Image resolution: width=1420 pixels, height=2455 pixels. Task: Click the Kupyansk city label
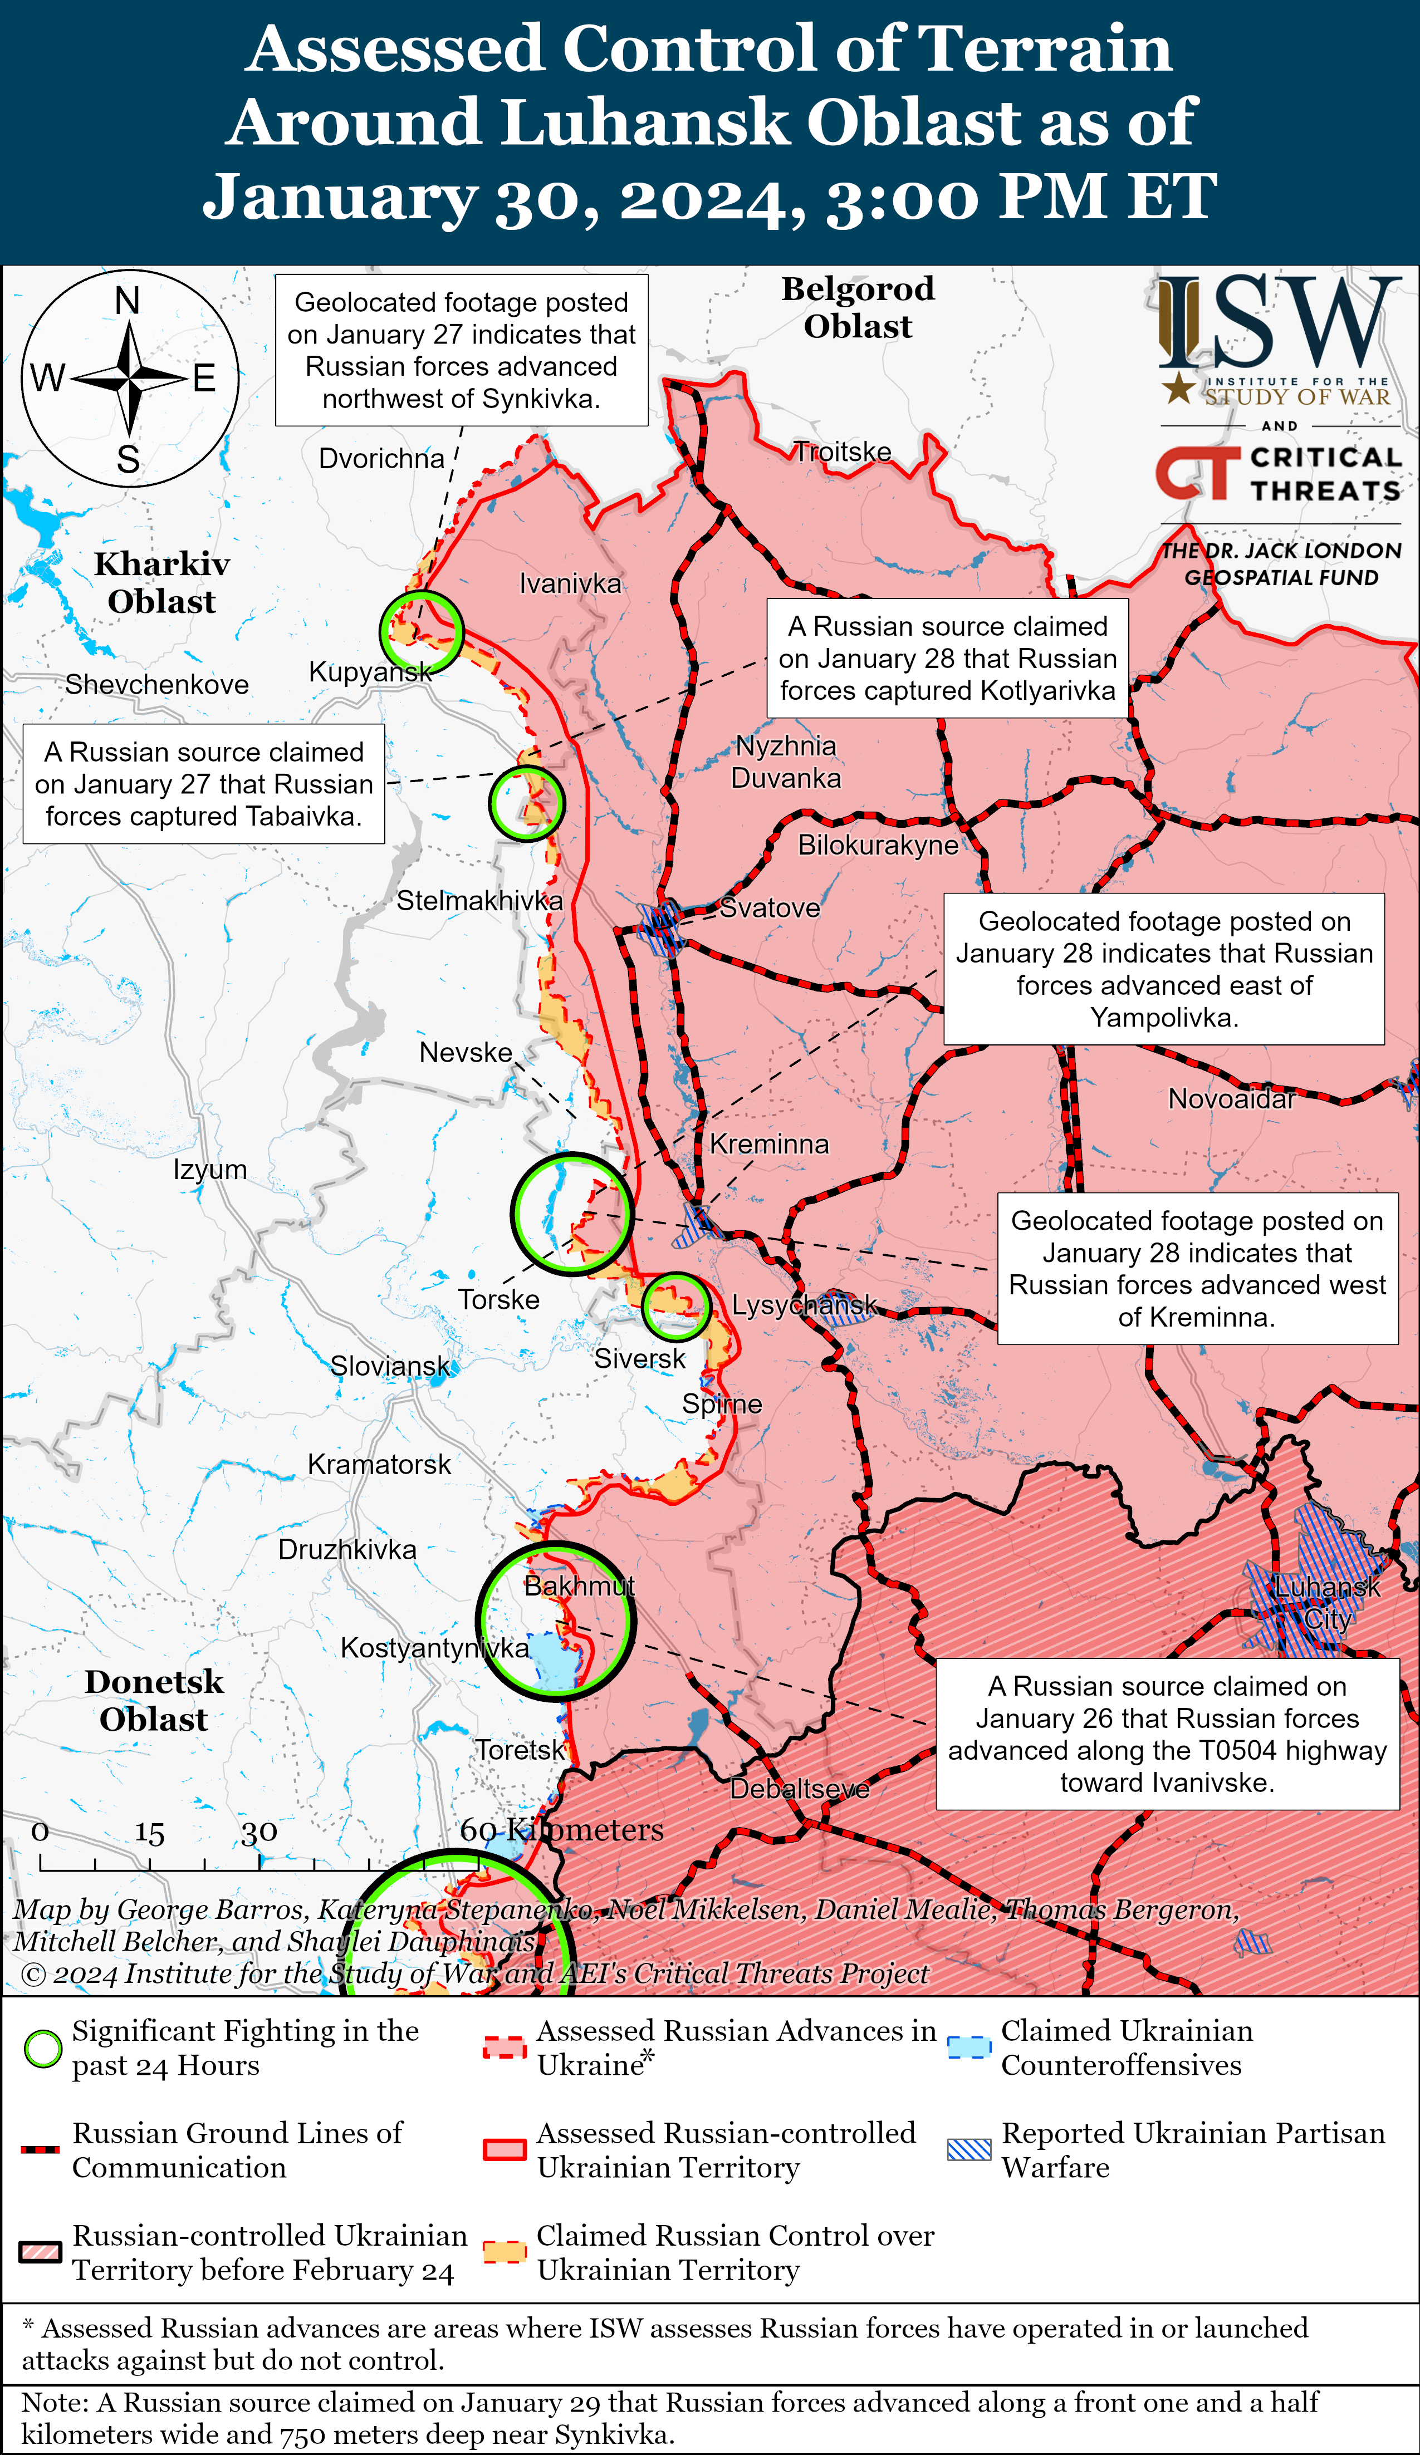[370, 672]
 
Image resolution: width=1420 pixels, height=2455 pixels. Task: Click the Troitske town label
[842, 452]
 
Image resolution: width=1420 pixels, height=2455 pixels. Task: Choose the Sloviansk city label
[390, 1366]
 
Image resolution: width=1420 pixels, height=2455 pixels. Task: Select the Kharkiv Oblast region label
[162, 582]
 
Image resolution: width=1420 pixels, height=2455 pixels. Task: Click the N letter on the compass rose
[128, 302]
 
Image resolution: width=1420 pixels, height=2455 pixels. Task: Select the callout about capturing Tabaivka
[204, 784]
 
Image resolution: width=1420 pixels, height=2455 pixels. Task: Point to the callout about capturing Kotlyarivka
[947, 659]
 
